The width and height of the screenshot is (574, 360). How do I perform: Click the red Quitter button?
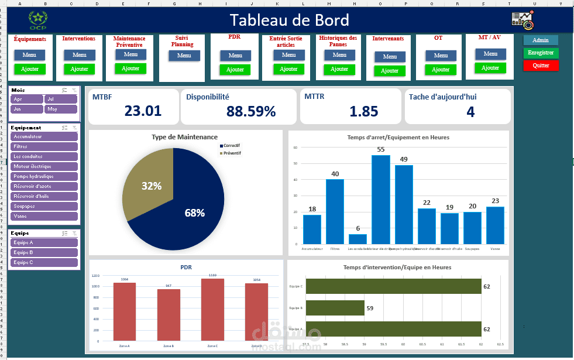pyautogui.click(x=541, y=66)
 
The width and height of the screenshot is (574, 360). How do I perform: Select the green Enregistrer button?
pyautogui.click(x=541, y=53)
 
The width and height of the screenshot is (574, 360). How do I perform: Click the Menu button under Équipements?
pyautogui.click(x=29, y=55)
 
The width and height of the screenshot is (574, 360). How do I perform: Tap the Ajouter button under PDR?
pyautogui.click(x=235, y=70)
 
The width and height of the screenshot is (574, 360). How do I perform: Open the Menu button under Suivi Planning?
pyautogui.click(x=184, y=56)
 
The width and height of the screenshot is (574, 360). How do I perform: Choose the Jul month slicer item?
pyautogui.click(x=61, y=100)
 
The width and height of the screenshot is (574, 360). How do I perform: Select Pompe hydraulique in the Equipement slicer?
pyautogui.click(x=44, y=176)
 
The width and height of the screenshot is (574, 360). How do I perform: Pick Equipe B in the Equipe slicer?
pyautogui.click(x=44, y=252)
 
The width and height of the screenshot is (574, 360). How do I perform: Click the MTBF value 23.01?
pyautogui.click(x=143, y=111)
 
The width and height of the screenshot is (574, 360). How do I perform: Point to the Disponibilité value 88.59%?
pyautogui.click(x=251, y=111)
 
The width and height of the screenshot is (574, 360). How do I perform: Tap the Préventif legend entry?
pyautogui.click(x=232, y=153)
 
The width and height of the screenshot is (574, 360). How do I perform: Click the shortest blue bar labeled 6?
pyautogui.click(x=358, y=239)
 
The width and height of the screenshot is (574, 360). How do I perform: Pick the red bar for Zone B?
pyautogui.click(x=169, y=315)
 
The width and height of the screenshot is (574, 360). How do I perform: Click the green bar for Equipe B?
pyautogui.click(x=335, y=307)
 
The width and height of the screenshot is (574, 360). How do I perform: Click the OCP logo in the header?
pyautogui.click(x=38, y=20)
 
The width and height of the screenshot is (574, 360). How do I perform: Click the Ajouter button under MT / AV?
pyautogui.click(x=490, y=68)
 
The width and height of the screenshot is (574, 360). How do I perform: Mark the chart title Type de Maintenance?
pyautogui.click(x=184, y=137)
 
